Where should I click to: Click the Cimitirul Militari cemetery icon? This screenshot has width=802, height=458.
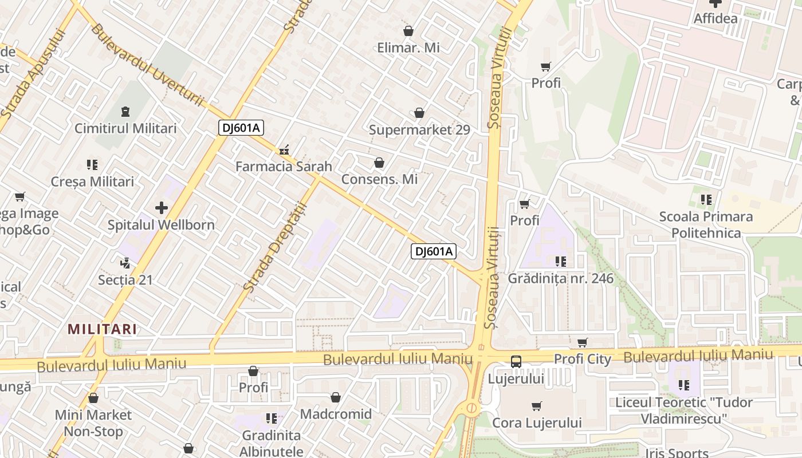coord(125,112)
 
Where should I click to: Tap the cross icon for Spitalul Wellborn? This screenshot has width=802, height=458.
coord(162,208)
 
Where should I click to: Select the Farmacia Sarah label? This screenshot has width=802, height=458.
coord(284,167)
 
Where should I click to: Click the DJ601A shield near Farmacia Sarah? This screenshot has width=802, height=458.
coord(241,128)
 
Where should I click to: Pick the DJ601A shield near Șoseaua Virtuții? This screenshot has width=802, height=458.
coord(433,251)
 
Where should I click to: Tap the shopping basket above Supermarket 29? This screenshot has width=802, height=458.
coord(419,113)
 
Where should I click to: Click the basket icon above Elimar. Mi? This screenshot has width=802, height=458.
coord(408,31)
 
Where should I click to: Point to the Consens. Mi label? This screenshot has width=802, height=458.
coord(379,179)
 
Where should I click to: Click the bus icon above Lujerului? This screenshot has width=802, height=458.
coord(516,361)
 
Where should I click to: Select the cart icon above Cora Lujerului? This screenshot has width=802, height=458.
coord(536,406)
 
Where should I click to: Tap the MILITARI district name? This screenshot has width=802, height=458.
coord(102,329)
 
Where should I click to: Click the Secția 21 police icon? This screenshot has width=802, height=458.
coord(125,263)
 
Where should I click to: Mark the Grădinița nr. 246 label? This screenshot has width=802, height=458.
coord(560,279)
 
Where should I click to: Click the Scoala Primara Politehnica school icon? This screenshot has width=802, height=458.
coord(706,200)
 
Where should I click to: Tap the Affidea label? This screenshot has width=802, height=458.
coord(715,18)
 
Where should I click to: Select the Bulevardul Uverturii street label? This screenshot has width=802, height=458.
coord(146,64)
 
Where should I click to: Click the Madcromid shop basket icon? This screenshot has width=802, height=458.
coord(336,397)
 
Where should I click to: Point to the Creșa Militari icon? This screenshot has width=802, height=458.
coord(92,165)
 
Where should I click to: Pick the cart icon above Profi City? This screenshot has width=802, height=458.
coord(582,342)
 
